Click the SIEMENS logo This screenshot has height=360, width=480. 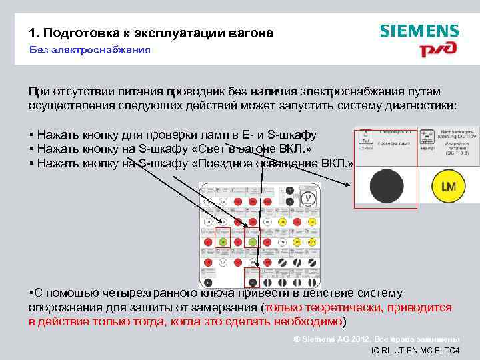point(419,31)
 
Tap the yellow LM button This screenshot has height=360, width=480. point(448,186)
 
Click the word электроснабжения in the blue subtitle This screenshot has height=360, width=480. point(105,50)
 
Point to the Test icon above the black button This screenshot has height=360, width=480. point(364,137)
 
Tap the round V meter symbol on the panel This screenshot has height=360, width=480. point(309,198)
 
